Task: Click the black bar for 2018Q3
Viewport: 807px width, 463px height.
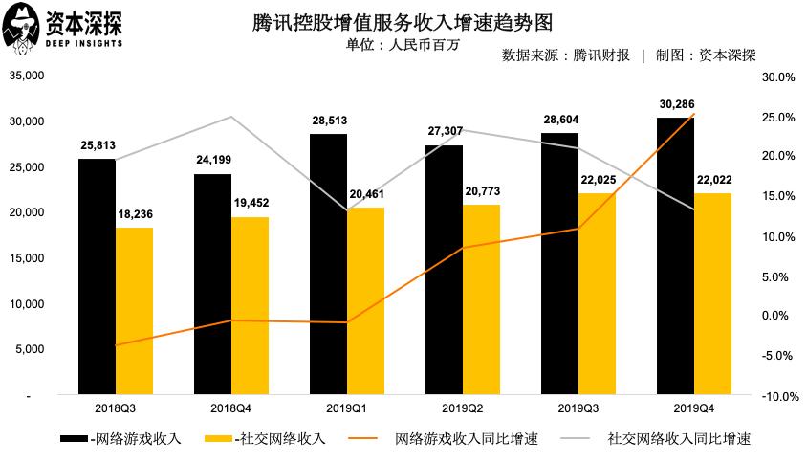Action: click(97, 276)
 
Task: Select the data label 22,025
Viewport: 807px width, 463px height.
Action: click(598, 180)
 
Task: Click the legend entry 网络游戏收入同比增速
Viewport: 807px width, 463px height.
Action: click(466, 439)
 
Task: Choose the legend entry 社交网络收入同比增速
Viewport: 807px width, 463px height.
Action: click(679, 439)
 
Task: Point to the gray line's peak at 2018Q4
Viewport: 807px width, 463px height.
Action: click(231, 117)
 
